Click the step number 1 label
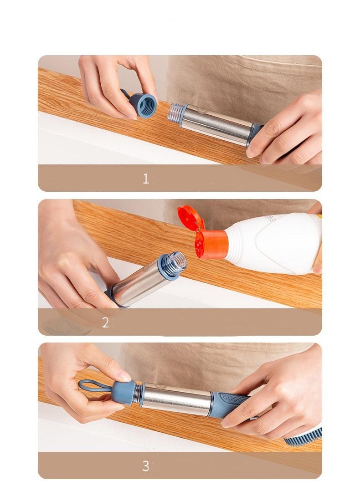point(146,179)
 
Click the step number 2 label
point(105,322)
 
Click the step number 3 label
point(146,466)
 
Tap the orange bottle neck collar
point(212,245)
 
